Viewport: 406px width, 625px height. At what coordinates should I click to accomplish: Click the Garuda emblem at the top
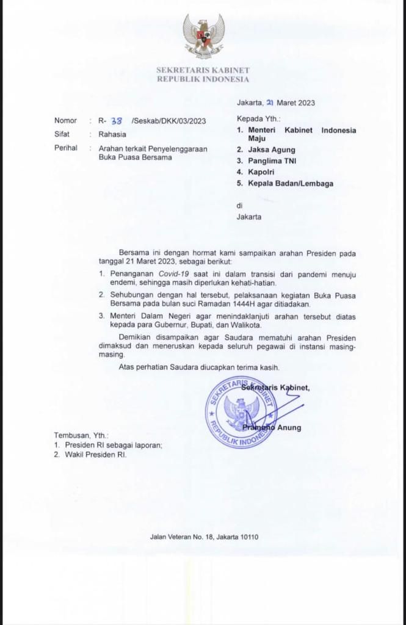[203, 36]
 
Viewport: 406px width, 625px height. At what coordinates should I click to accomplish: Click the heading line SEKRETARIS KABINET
[203, 71]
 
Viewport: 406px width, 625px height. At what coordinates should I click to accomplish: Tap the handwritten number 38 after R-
[115, 120]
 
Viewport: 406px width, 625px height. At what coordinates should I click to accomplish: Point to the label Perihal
[66, 148]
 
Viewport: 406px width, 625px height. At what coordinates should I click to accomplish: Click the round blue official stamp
[241, 413]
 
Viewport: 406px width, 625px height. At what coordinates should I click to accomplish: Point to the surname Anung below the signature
[289, 427]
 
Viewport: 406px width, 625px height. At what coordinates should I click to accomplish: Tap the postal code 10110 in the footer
[248, 537]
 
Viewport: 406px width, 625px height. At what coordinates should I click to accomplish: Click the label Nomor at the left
[66, 121]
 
